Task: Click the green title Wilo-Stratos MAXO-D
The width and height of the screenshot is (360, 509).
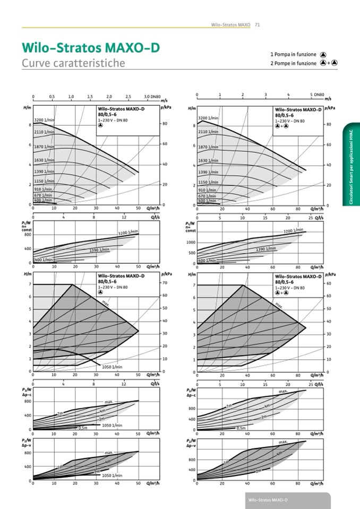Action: pos(90,48)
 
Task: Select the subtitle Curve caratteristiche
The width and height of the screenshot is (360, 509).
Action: pos(73,63)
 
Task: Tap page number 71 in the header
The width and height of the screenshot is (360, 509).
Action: pos(257,25)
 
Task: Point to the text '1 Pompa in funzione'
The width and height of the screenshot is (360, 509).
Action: pos(293,54)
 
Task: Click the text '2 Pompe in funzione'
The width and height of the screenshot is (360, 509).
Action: pos(293,63)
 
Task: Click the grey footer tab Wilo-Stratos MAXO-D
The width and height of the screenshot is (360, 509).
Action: pos(268,501)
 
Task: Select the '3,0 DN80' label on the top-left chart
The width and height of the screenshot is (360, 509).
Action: pos(152,97)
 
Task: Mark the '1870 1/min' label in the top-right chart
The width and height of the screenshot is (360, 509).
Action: pos(208,146)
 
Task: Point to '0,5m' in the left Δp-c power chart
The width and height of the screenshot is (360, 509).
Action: pos(82,428)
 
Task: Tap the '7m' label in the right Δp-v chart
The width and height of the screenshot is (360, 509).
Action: pos(226,462)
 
